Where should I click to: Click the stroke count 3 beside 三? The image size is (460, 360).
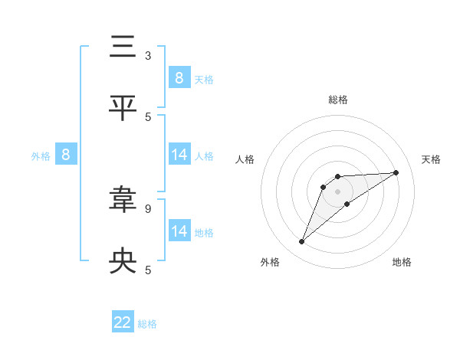coord(148,56)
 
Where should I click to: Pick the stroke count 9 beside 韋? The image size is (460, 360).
coord(148,208)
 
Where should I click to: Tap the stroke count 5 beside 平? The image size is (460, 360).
coord(148,116)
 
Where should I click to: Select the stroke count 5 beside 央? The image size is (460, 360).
coord(148,270)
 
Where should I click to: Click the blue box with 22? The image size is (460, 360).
coord(123,322)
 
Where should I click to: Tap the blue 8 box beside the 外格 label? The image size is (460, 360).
coord(65,155)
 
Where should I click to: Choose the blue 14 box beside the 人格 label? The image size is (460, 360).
coord(179,155)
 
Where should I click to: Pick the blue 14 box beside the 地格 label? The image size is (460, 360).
coord(179,231)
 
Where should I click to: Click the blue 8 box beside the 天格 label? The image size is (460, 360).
coord(179,77)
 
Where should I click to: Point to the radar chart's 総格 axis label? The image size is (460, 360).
coord(338,100)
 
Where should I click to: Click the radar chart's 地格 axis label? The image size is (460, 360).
coord(402,262)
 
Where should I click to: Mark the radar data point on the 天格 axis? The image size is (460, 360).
coord(396,172)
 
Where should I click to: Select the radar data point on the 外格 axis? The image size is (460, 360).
coord(302,242)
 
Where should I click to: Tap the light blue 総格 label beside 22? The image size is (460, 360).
coord(147,324)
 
